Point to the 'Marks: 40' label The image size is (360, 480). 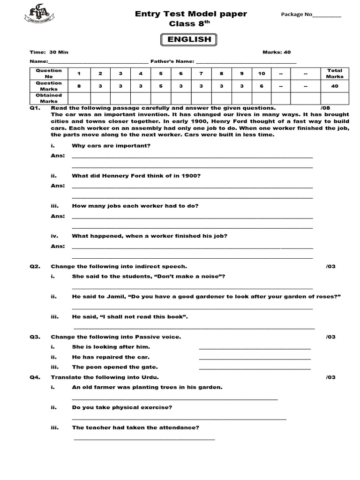click(x=277, y=52)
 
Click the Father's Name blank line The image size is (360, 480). click(x=246, y=62)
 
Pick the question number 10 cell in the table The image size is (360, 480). click(x=262, y=74)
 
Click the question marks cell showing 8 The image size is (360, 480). click(x=79, y=86)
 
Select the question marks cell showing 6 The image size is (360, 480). click(x=262, y=86)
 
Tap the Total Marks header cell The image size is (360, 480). click(x=335, y=74)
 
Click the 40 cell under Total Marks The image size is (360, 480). click(x=335, y=86)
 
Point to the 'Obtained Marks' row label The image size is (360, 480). click(x=49, y=98)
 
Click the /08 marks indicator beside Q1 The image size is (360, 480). click(x=325, y=108)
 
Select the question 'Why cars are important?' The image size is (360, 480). click(x=111, y=146)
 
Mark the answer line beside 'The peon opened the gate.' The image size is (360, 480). click(x=255, y=368)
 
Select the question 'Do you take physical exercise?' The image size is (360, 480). click(x=122, y=407)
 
